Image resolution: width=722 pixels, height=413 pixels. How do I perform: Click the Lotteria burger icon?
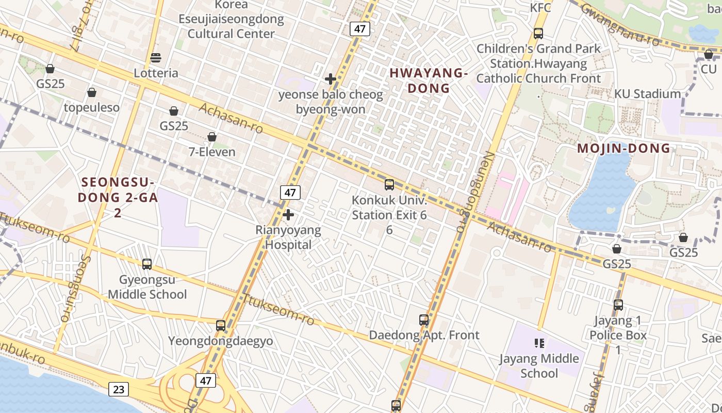point(156,57)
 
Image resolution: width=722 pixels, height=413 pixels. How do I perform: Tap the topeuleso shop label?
point(92,107)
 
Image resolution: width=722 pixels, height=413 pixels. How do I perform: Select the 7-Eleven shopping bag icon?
point(211,137)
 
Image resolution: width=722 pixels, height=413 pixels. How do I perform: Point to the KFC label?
point(540,8)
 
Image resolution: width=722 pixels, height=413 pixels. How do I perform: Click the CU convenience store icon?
point(709,54)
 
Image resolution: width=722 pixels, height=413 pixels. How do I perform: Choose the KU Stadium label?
point(647,94)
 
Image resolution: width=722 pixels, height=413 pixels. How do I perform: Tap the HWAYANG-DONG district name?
point(429,81)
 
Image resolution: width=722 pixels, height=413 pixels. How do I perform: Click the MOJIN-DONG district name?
point(623,149)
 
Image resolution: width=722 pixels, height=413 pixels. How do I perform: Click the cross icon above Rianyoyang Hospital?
point(288,214)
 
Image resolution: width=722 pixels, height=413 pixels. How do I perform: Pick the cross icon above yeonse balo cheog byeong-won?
point(331,79)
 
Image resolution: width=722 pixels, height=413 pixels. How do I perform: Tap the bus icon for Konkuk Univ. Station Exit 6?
point(389,184)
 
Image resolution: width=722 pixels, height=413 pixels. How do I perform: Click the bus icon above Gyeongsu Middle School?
point(147,264)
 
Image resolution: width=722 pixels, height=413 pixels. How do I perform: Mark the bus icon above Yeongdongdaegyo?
point(221,325)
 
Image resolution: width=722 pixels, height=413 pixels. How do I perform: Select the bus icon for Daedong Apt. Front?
point(424,320)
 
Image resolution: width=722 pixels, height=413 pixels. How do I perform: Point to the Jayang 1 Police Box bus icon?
point(618,305)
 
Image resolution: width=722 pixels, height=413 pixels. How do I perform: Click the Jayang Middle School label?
point(539,366)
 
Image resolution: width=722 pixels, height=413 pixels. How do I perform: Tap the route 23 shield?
point(119,389)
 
